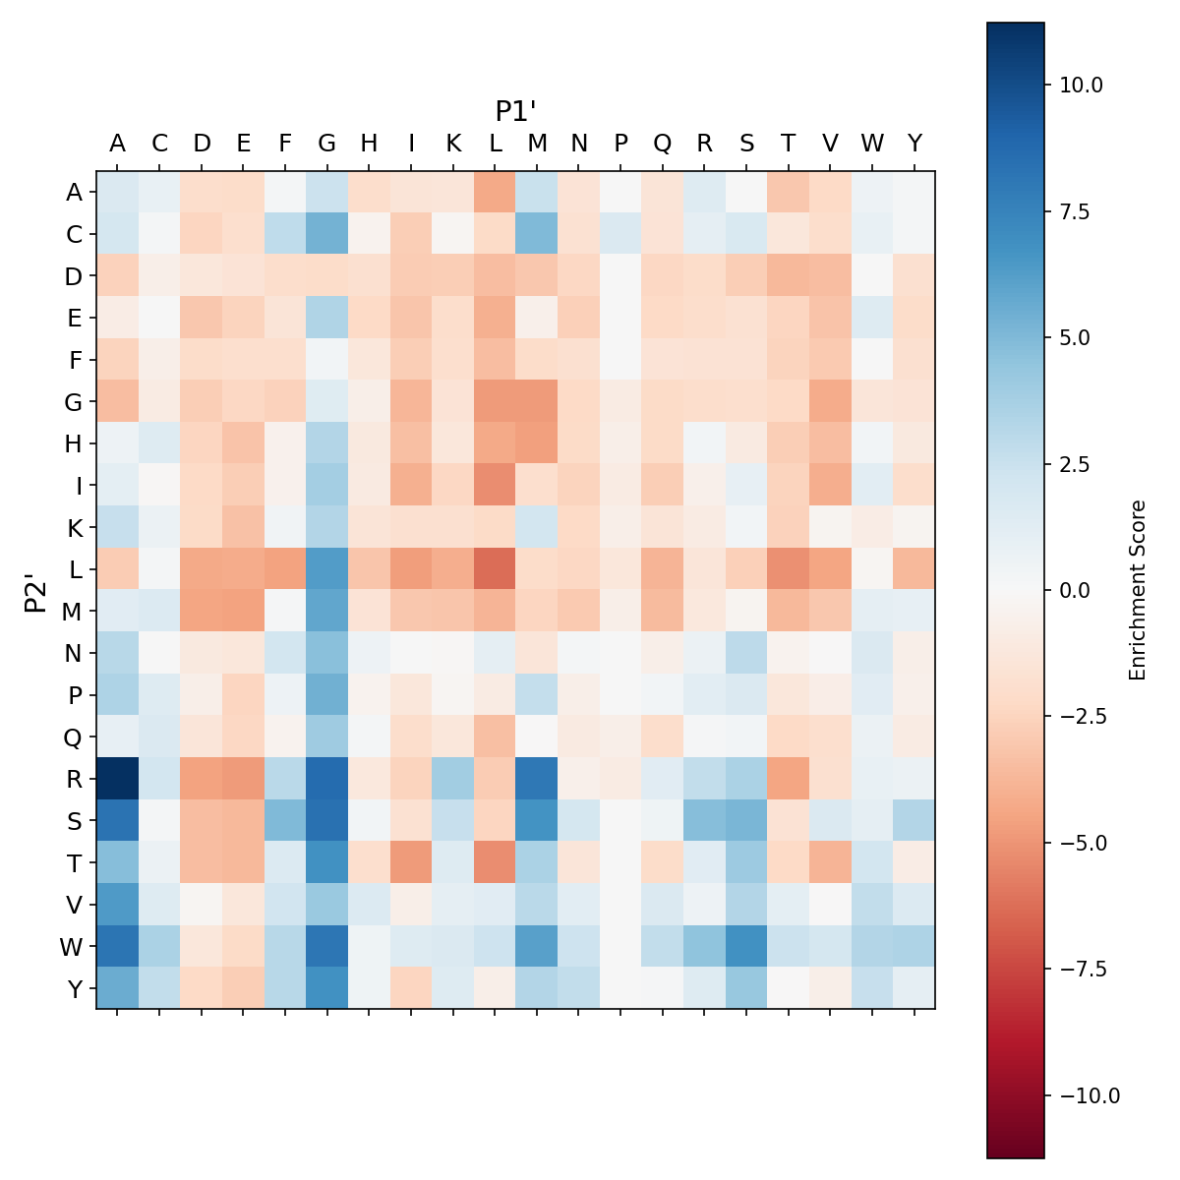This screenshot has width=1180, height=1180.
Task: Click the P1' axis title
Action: pos(515,111)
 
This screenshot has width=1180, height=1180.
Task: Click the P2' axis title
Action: pos(36,590)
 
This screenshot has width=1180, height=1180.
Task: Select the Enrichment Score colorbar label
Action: pos(1138,590)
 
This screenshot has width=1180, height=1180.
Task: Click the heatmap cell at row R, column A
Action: pos(117,779)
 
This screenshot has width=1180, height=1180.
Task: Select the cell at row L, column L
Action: pos(495,569)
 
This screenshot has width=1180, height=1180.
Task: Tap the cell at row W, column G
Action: pos(327,946)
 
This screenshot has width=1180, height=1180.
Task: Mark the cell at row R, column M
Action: pos(537,779)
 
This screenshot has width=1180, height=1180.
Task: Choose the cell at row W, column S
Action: pos(746,946)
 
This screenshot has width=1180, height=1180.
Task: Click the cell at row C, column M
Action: pos(537,234)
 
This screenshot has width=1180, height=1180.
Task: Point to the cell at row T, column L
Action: pos(495,862)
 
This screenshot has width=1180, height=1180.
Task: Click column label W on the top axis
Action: pos(872,144)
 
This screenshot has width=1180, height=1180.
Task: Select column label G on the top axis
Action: pos(327,144)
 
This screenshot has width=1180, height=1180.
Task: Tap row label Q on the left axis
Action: pos(74,737)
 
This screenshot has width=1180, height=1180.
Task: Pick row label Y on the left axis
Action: pos(74,988)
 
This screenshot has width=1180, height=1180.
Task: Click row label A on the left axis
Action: pos(74,193)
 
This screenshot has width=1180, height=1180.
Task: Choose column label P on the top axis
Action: pos(620,144)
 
